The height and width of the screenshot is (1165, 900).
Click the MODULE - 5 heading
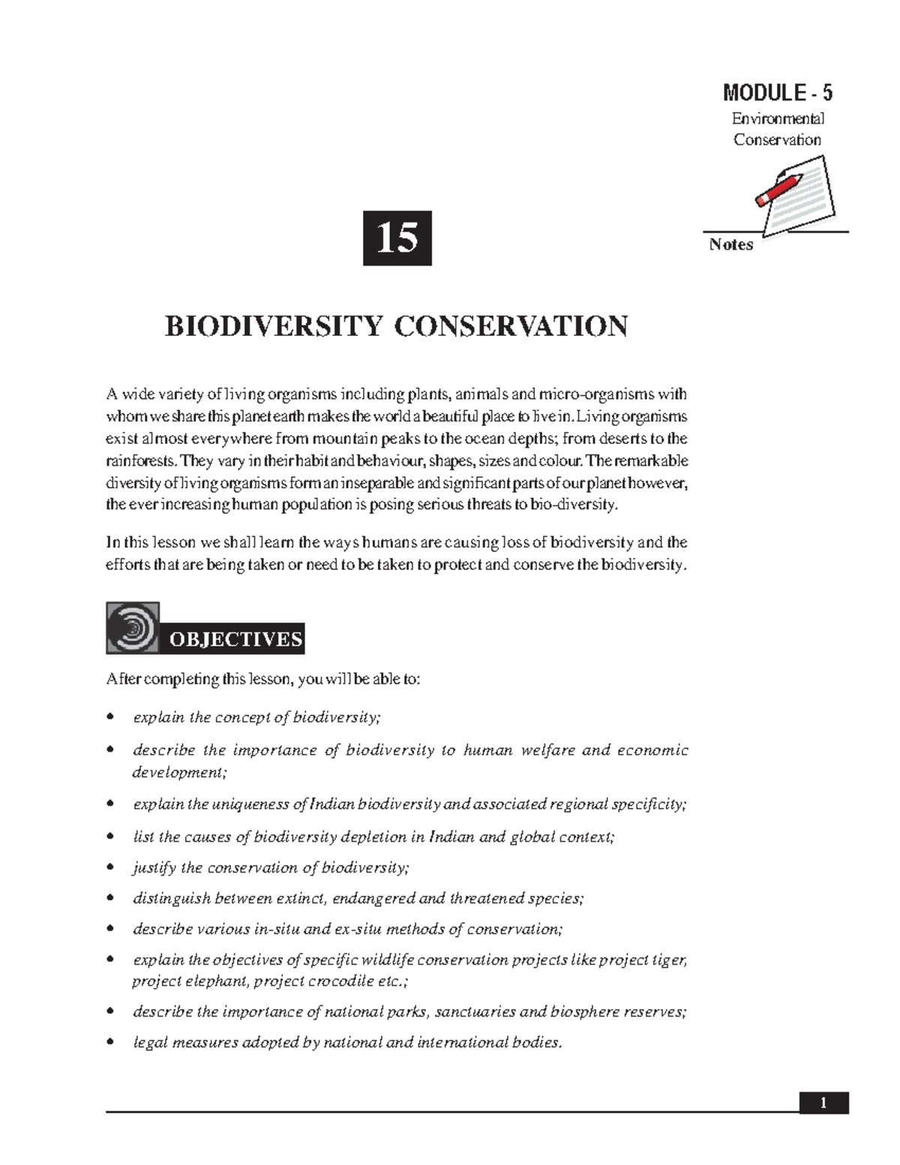coord(777,93)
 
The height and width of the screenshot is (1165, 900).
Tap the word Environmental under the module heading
coord(777,119)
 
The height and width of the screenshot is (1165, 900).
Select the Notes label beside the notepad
coord(730,245)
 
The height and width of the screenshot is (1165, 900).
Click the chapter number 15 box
coord(397,239)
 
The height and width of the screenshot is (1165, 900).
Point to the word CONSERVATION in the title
coord(511,327)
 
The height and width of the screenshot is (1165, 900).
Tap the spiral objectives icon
coord(133,626)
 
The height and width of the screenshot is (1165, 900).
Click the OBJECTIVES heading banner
coord(235,639)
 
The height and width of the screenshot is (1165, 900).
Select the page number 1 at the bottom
coord(823,1103)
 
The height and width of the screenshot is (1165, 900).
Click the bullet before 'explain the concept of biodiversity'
coord(111,718)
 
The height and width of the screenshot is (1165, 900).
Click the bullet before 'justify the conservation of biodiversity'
coord(111,868)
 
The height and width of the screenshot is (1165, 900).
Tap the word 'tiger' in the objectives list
coord(670,960)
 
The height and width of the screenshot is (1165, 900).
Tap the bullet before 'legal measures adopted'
coord(111,1043)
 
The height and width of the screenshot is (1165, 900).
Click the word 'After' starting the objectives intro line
coord(122,680)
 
